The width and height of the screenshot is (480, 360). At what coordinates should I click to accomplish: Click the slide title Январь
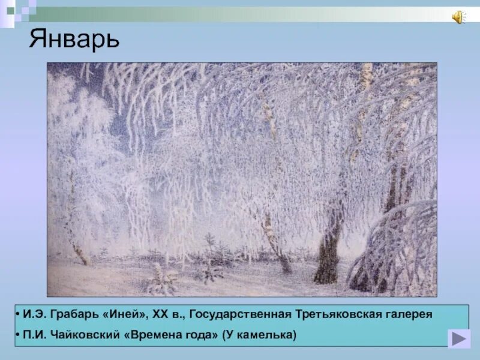[x=74, y=40]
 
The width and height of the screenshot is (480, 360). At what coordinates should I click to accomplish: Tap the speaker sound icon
[x=458, y=17]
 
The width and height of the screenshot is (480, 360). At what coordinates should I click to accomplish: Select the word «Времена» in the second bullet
[x=153, y=334]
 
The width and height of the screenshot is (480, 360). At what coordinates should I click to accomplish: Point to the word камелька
[x=266, y=334]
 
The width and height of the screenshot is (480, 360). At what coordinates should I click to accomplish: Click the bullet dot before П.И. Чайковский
[x=20, y=334]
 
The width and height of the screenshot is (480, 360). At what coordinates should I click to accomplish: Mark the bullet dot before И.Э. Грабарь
[x=20, y=314]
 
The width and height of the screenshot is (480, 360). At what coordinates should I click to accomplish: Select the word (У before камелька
[x=230, y=334]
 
